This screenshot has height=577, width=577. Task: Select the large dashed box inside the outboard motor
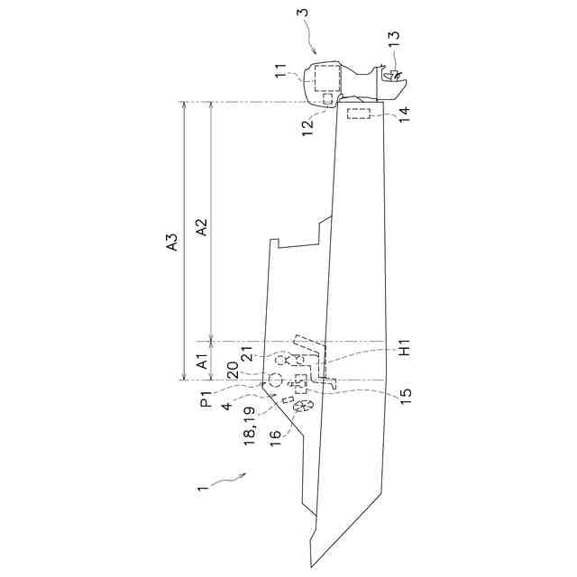326,79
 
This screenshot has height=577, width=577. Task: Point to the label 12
307,117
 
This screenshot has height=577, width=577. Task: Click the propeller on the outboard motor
394,77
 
